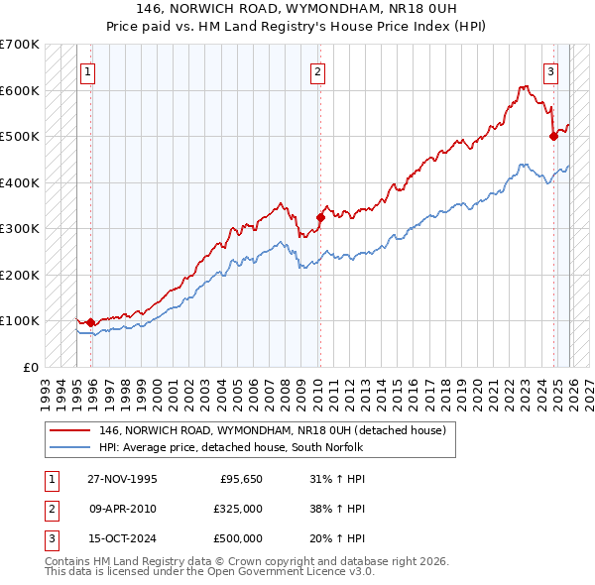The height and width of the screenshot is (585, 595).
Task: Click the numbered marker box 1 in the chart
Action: click(x=87, y=70)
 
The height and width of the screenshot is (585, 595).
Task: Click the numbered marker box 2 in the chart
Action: click(x=317, y=70)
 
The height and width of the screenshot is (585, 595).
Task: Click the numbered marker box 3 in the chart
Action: click(x=549, y=70)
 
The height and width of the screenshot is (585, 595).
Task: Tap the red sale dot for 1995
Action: click(x=91, y=322)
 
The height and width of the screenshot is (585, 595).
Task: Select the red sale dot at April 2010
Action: click(x=320, y=217)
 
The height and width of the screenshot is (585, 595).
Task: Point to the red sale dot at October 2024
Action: click(x=553, y=137)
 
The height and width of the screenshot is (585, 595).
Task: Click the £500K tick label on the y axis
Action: click(x=20, y=137)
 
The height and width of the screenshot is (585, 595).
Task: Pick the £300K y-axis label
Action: click(x=20, y=229)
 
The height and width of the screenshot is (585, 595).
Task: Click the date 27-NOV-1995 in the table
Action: click(x=122, y=480)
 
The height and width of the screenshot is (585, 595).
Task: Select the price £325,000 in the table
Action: click(x=238, y=509)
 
